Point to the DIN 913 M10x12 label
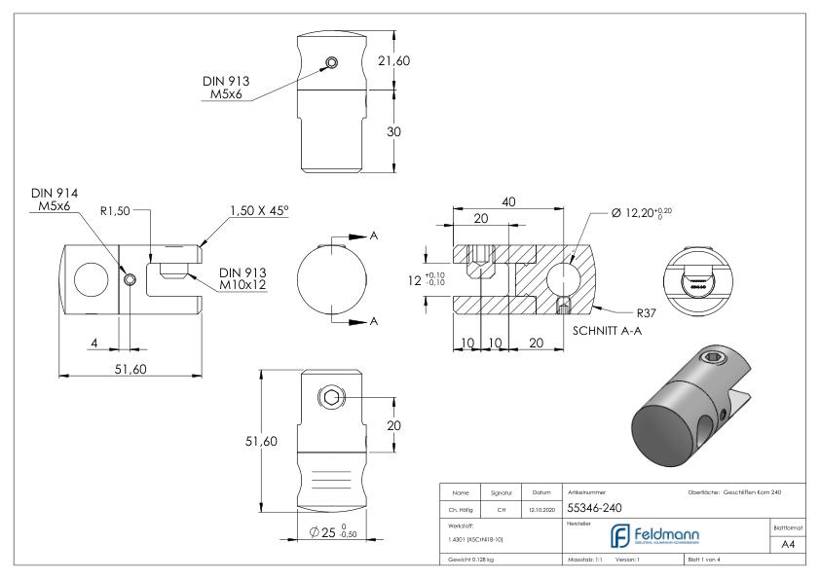click(244, 279)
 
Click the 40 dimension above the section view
click(508, 199)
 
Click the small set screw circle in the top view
click(332, 64)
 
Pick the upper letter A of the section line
click(374, 237)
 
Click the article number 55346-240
click(595, 507)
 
